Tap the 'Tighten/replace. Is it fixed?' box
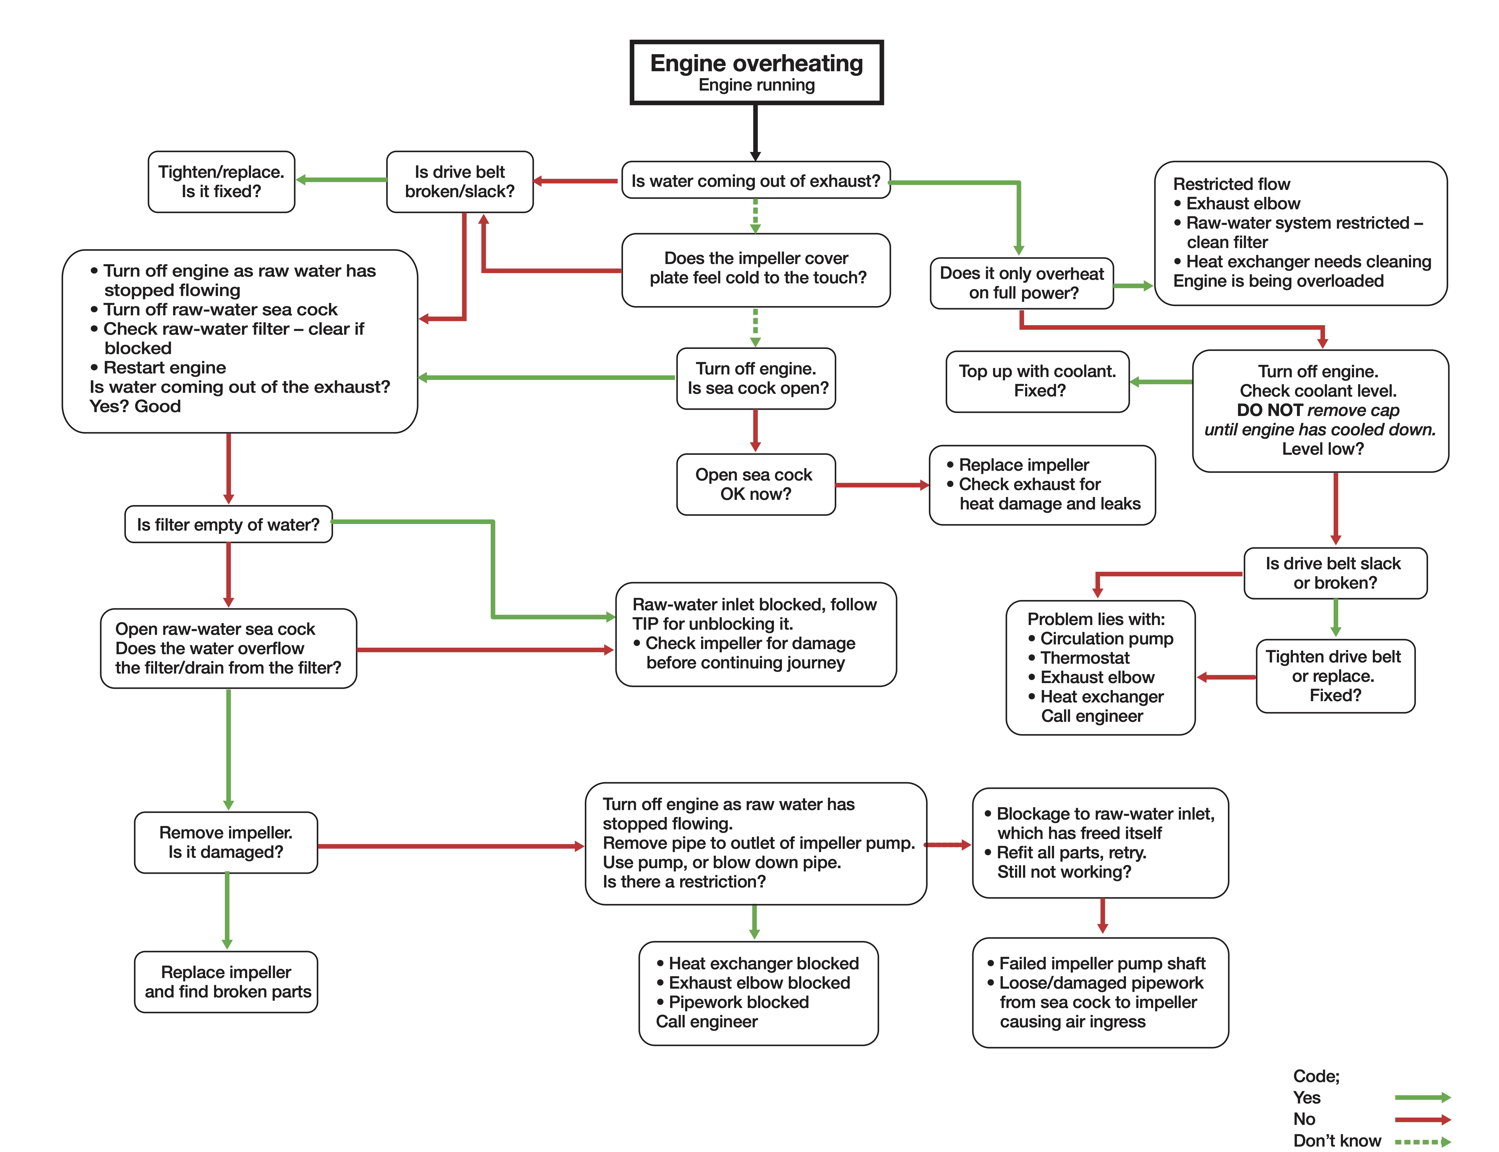pyautogui.click(x=221, y=182)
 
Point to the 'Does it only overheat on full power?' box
pyautogui.click(x=1021, y=283)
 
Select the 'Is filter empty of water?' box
pyautogui.click(x=228, y=525)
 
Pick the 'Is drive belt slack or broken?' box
pyautogui.click(x=1335, y=573)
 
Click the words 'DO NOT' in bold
pyautogui.click(x=1269, y=410)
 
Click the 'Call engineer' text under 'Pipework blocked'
pyautogui.click(x=707, y=1022)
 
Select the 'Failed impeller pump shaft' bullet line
pyautogui.click(x=1096, y=963)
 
